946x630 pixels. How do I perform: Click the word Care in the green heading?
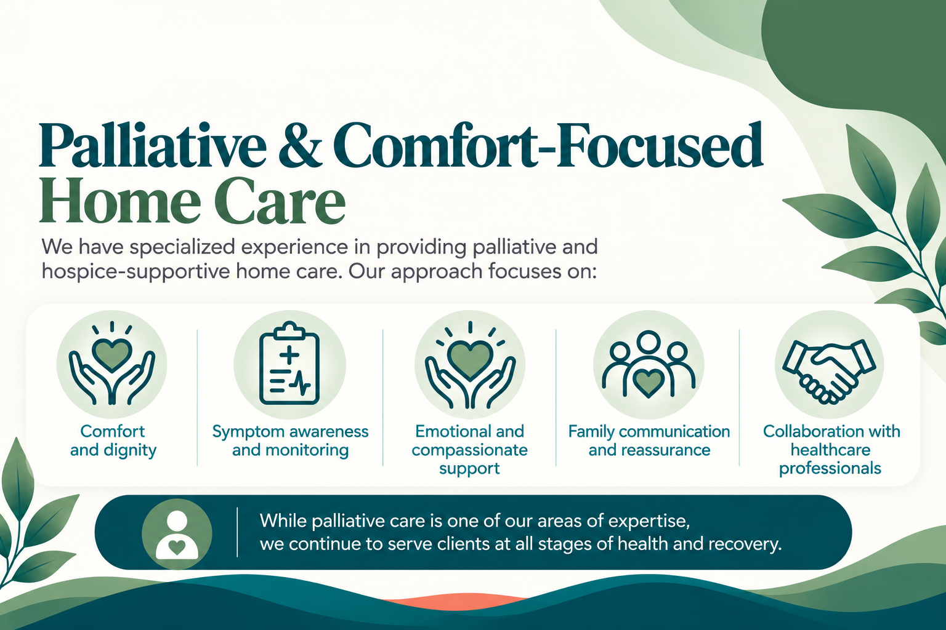click(x=280, y=201)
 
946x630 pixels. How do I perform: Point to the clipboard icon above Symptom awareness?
click(x=289, y=364)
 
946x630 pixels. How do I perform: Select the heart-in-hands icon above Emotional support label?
click(x=470, y=365)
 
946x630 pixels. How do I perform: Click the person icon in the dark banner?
click(x=177, y=535)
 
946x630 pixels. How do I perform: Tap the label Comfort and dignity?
click(x=113, y=441)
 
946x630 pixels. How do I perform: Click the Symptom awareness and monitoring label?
click(x=290, y=441)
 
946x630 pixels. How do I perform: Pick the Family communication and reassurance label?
click(x=649, y=441)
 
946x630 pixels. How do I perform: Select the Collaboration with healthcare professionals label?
click(x=831, y=450)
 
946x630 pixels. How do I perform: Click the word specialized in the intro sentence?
click(x=182, y=247)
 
